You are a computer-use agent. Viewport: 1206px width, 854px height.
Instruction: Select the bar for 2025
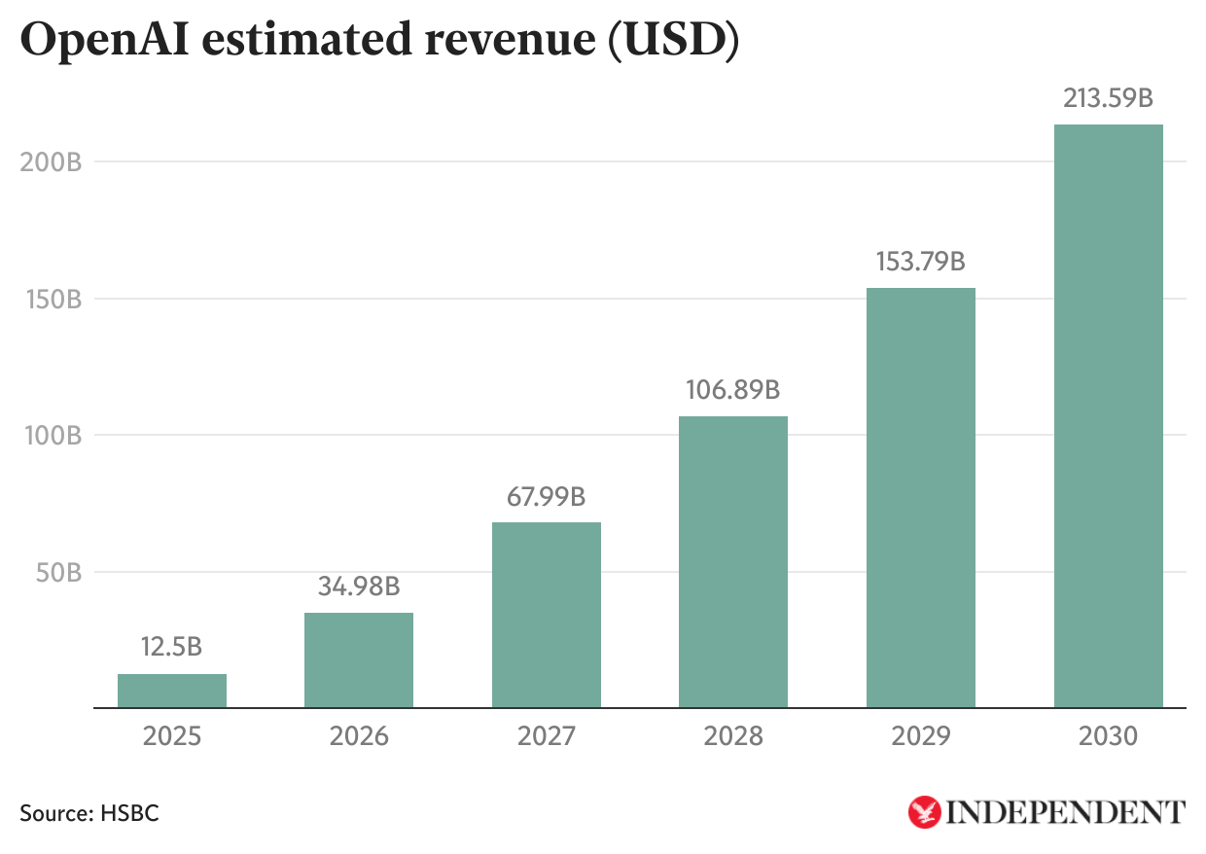(172, 691)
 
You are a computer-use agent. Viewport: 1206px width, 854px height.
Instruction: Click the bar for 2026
(359, 659)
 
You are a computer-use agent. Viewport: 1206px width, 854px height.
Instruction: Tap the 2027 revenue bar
(547, 615)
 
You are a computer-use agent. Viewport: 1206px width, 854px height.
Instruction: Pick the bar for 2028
(733, 561)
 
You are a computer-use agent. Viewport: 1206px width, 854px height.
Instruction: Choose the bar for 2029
(920, 497)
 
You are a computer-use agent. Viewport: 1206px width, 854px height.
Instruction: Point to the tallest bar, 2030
(1108, 415)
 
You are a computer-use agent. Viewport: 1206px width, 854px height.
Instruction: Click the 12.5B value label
(172, 647)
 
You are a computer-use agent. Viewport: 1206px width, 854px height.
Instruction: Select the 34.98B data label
(359, 587)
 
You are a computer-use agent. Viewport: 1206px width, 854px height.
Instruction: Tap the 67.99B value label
(547, 496)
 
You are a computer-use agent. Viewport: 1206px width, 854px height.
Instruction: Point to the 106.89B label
(733, 390)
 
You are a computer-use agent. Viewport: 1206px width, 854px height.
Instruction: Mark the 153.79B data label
(920, 262)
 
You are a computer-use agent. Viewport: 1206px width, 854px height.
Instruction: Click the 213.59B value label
(1108, 98)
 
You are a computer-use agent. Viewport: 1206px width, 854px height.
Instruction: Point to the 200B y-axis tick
(50, 161)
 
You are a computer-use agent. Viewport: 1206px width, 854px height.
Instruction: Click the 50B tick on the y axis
(58, 572)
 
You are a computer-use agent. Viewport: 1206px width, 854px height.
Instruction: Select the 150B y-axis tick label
(51, 299)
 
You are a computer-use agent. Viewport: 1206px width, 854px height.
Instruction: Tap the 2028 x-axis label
(733, 736)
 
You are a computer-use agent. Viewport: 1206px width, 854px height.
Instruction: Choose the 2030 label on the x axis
(1108, 736)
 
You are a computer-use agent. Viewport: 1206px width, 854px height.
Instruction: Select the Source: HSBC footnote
(89, 813)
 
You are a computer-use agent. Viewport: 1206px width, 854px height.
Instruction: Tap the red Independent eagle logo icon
(924, 812)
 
